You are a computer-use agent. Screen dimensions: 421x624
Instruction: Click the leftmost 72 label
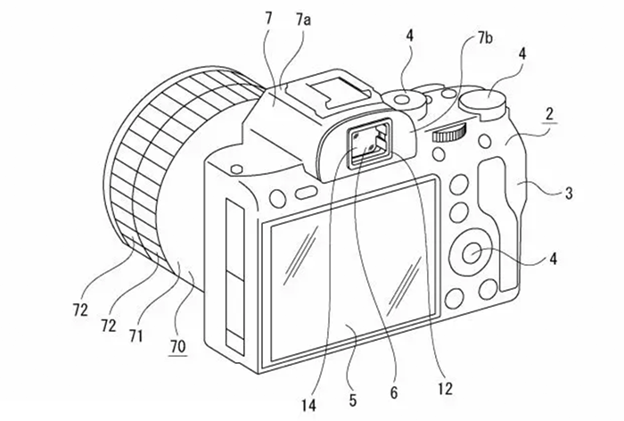point(80,310)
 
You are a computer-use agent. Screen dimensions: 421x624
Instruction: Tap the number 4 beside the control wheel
point(554,260)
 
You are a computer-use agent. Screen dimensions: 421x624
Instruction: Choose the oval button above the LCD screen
point(304,193)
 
